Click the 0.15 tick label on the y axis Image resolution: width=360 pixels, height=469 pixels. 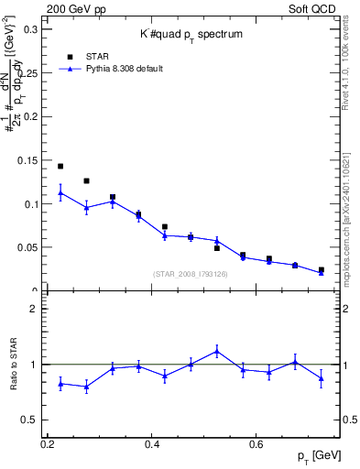pos(28,160)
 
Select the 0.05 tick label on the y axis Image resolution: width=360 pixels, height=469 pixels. pos(28,247)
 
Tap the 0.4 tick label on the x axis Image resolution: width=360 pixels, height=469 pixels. pos(152,444)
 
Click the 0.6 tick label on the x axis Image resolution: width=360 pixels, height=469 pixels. pos(256,444)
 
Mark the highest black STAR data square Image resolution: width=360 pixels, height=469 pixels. pos(60,167)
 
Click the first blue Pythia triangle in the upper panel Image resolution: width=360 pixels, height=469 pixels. pos(60,192)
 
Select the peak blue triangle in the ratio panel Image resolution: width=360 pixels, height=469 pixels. pos(217,351)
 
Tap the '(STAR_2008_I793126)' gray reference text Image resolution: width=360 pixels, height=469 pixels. pos(191,273)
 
